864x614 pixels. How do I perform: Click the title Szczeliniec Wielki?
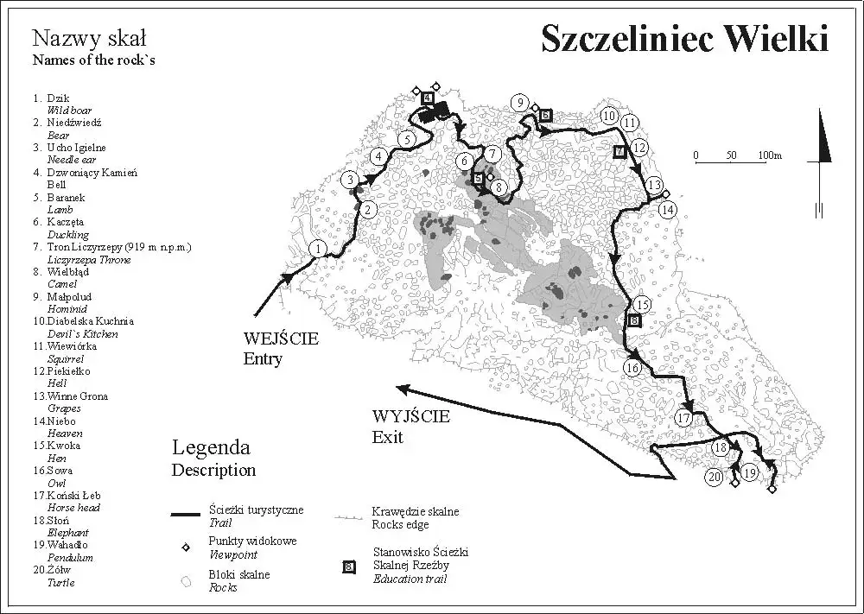point(684,38)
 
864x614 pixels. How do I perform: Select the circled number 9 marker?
point(519,103)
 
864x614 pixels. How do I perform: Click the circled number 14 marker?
point(667,209)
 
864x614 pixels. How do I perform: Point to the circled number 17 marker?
point(683,419)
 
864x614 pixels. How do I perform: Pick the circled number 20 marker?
point(714,477)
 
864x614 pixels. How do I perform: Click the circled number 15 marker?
point(641,305)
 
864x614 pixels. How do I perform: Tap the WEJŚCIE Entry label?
point(280,348)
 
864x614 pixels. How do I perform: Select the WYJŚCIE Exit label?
point(410,426)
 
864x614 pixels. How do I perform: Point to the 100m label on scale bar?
point(770,155)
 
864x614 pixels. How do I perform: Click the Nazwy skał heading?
point(89,38)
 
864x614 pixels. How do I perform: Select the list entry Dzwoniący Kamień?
point(92,173)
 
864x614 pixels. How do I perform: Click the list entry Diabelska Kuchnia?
point(91,321)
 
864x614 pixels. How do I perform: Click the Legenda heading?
point(211,447)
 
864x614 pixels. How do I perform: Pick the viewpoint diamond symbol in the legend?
point(184,548)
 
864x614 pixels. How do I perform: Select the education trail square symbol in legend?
point(348,567)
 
